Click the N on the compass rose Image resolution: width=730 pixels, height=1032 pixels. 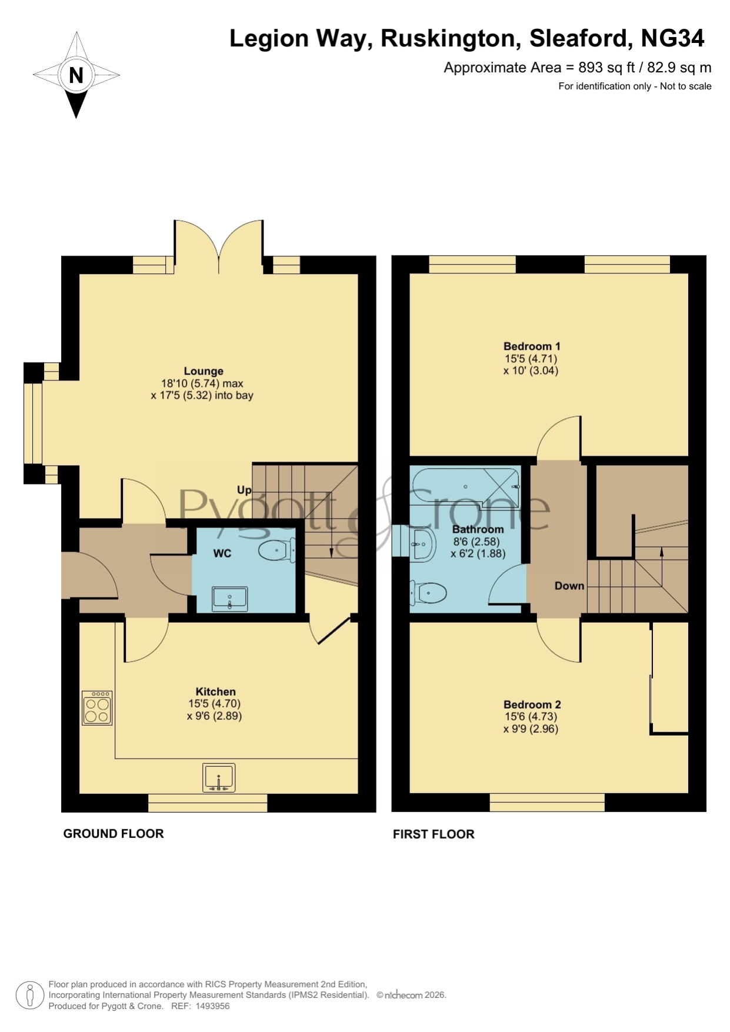click(76, 75)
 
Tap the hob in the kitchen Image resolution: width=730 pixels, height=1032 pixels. click(97, 707)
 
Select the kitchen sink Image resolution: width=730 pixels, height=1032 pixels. click(219, 777)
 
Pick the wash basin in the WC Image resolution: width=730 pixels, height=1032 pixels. click(230, 598)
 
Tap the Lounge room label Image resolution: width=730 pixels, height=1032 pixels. click(204, 371)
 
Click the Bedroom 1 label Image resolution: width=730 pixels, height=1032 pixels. click(532, 346)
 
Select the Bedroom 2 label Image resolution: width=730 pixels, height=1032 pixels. click(532, 704)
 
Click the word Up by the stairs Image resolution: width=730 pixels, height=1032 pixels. click(244, 490)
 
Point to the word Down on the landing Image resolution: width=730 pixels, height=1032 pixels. click(569, 586)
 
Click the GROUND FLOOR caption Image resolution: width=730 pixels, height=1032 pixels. click(114, 833)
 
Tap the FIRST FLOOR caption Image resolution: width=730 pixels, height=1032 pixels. click(434, 834)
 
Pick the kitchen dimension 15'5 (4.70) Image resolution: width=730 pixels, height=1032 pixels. click(214, 703)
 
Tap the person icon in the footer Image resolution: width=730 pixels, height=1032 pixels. click(29, 996)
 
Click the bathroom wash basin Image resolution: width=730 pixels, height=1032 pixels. click(421, 544)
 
